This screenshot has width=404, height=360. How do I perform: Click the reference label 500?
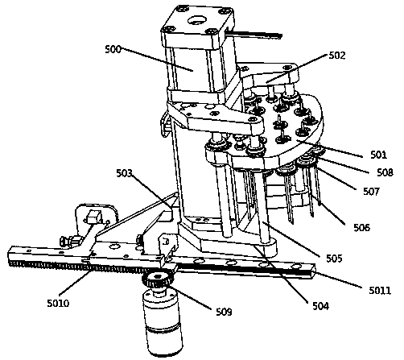[113, 49]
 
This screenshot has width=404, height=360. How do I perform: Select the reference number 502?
[337, 56]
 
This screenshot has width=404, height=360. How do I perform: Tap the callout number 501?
[379, 155]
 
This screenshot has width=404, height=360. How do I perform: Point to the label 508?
[385, 172]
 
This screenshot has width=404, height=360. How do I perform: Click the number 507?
[372, 191]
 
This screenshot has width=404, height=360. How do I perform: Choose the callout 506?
[362, 227]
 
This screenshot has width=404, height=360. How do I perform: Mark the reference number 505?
[334, 258]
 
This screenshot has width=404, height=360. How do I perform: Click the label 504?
[320, 306]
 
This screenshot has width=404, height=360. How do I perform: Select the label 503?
[125, 173]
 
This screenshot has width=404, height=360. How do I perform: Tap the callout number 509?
[224, 312]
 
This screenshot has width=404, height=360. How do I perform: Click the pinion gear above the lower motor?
[158, 279]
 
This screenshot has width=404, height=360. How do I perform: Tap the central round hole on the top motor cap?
[198, 20]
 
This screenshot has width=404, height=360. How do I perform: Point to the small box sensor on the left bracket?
[94, 217]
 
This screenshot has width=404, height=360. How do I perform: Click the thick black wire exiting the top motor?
[255, 34]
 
